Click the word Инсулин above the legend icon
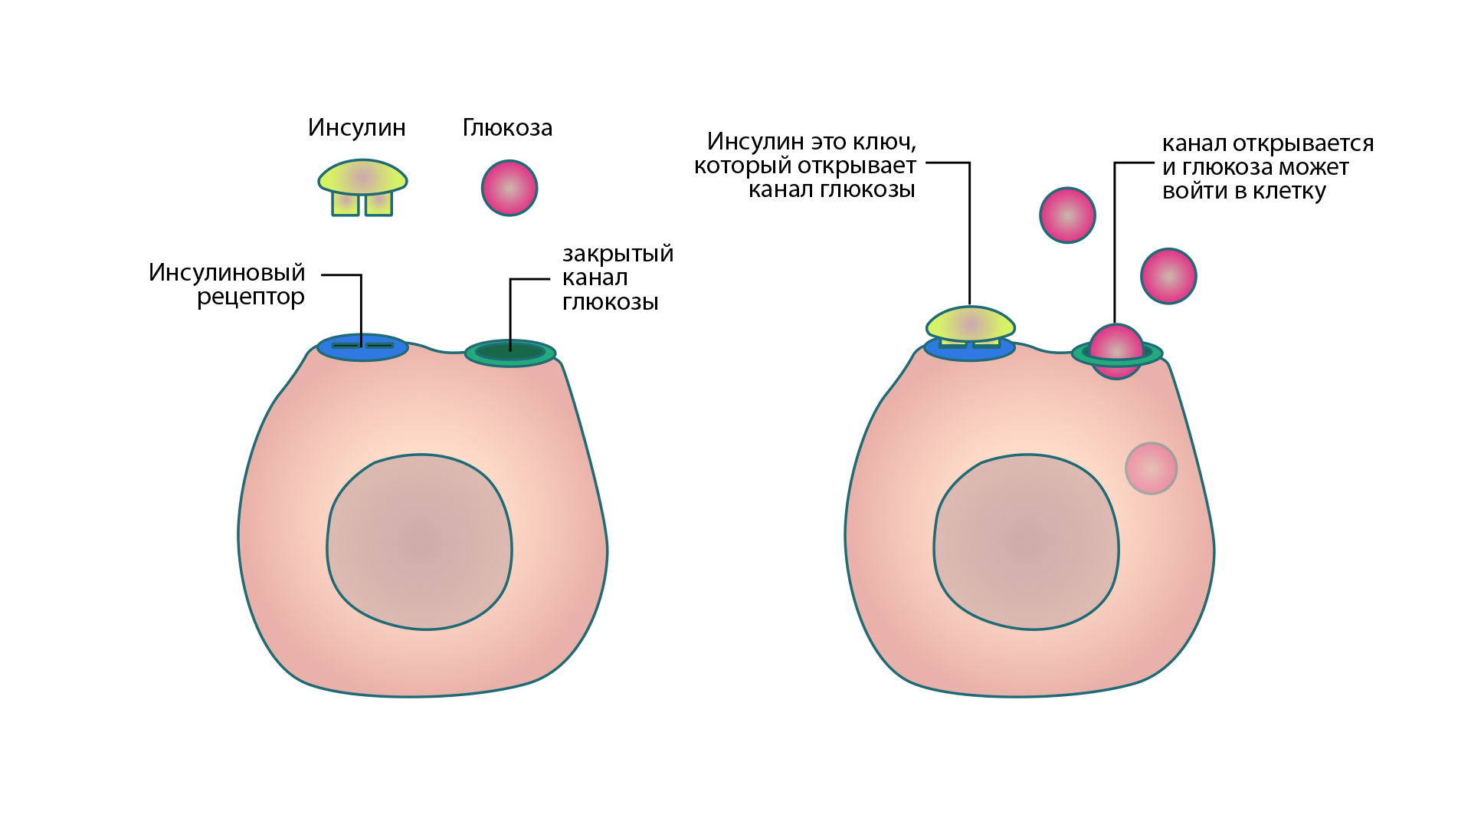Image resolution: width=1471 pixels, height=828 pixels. pyautogui.click(x=356, y=127)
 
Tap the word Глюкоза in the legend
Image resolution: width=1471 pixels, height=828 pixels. pyautogui.click(x=507, y=127)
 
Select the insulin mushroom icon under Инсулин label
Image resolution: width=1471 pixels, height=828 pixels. pyautogui.click(x=362, y=184)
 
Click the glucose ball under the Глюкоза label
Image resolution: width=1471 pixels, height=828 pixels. pyautogui.click(x=509, y=188)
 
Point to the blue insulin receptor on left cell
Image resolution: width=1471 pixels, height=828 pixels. pyautogui.click(x=362, y=347)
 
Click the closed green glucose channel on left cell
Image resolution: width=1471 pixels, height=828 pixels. pyautogui.click(x=510, y=353)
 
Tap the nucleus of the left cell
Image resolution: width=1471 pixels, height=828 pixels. pyautogui.click(x=420, y=542)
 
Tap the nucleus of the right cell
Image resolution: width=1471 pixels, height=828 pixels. pyautogui.click(x=1027, y=542)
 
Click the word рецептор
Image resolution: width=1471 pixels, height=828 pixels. pyautogui.click(x=251, y=297)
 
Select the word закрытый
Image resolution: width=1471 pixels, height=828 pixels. pyautogui.click(x=618, y=254)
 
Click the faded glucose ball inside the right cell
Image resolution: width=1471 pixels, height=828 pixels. pyautogui.click(x=1151, y=468)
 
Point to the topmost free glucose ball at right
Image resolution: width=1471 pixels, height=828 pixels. pyautogui.click(x=1067, y=215)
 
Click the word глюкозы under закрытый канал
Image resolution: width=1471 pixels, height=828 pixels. pyautogui.click(x=610, y=302)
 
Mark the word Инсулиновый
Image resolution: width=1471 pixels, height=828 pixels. pyautogui.click(x=227, y=272)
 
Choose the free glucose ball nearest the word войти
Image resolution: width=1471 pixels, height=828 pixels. pyautogui.click(x=1168, y=276)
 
